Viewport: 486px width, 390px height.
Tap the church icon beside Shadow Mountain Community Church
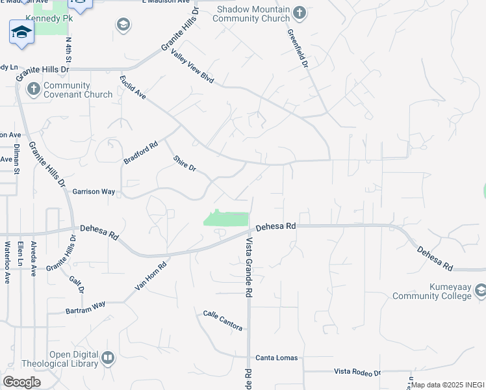tap(300, 12)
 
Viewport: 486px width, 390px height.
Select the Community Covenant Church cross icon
tap(34, 90)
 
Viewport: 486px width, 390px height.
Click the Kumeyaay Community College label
tap(431, 291)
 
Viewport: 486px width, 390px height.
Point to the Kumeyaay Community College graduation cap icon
tap(480, 289)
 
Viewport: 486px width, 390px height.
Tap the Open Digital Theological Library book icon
tap(108, 357)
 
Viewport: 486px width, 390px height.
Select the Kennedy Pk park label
tap(48, 19)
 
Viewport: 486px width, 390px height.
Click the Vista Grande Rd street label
tap(248, 267)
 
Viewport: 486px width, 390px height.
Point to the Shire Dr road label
tap(185, 163)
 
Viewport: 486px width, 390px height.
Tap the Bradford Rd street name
tap(141, 153)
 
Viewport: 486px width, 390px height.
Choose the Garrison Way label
tap(94, 192)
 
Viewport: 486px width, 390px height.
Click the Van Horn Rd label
tap(151, 276)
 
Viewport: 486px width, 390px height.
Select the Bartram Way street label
tap(85, 307)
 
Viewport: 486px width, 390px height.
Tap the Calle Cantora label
tap(223, 320)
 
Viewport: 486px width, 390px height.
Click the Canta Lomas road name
tap(276, 357)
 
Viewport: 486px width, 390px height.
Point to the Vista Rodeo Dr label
tap(357, 372)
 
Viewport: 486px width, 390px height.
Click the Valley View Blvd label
tap(192, 66)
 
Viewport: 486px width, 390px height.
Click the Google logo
tap(22, 382)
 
